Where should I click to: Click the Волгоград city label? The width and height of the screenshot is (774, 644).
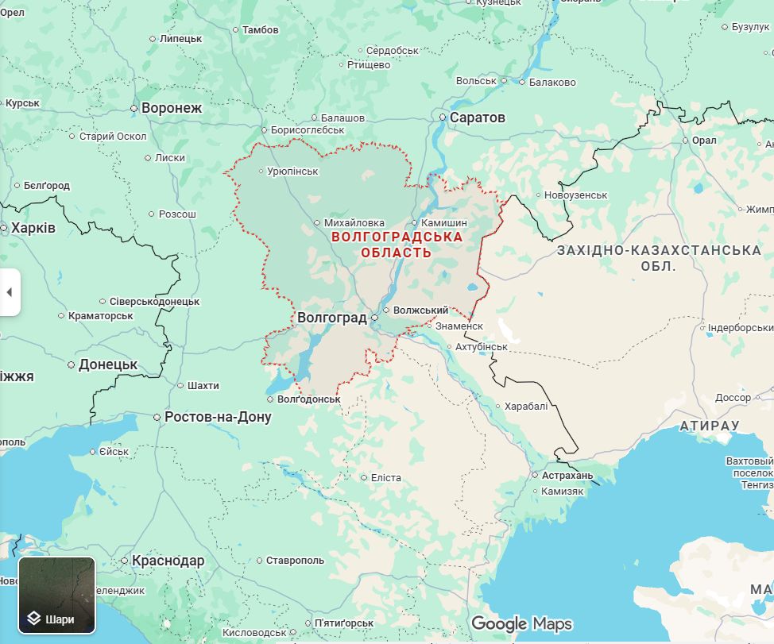[331, 318]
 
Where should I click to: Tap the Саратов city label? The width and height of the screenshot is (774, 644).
[477, 118]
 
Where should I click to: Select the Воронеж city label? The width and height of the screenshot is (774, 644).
[172, 108]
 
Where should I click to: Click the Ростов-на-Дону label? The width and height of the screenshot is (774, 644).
[218, 417]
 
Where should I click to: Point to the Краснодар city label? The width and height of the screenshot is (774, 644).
[168, 561]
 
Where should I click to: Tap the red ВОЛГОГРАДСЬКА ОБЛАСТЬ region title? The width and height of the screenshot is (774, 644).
[397, 245]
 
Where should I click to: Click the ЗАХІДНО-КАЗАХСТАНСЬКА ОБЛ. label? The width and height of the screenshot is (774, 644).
[659, 258]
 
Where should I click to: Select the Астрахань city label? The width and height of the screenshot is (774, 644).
[567, 476]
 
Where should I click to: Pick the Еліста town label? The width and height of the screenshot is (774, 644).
[386, 478]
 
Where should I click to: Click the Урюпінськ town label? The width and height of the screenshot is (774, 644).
[292, 172]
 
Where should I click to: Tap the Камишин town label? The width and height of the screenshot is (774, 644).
[444, 223]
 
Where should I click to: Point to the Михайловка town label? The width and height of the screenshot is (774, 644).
[354, 223]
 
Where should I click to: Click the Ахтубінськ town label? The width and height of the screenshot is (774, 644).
[482, 347]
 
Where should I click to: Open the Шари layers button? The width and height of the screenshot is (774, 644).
[57, 595]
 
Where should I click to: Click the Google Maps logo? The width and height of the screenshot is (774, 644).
[521, 623]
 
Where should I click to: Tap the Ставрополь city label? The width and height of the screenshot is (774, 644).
[295, 561]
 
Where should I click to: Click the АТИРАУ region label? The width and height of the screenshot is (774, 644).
[710, 426]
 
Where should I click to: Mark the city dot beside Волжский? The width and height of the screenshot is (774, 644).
[386, 310]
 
